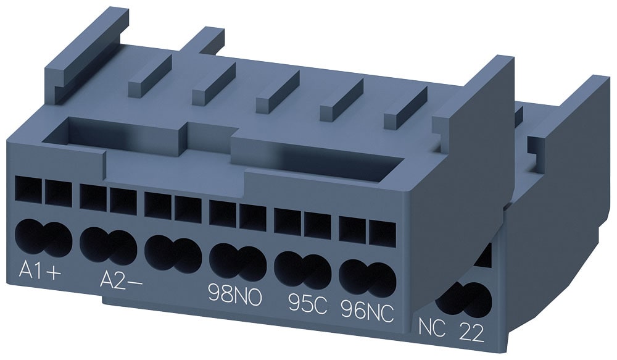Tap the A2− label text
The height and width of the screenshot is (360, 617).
(121, 281)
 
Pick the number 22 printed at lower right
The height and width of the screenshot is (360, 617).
(473, 334)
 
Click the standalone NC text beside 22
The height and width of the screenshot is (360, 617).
(432, 325)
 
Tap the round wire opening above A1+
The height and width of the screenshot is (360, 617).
(41, 238)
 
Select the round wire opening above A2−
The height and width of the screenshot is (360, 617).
(108, 246)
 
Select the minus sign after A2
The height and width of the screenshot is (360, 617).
(136, 282)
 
